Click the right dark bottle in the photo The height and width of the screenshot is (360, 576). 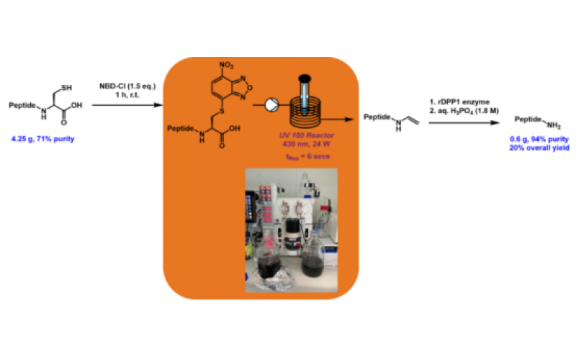tap(315, 264)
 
